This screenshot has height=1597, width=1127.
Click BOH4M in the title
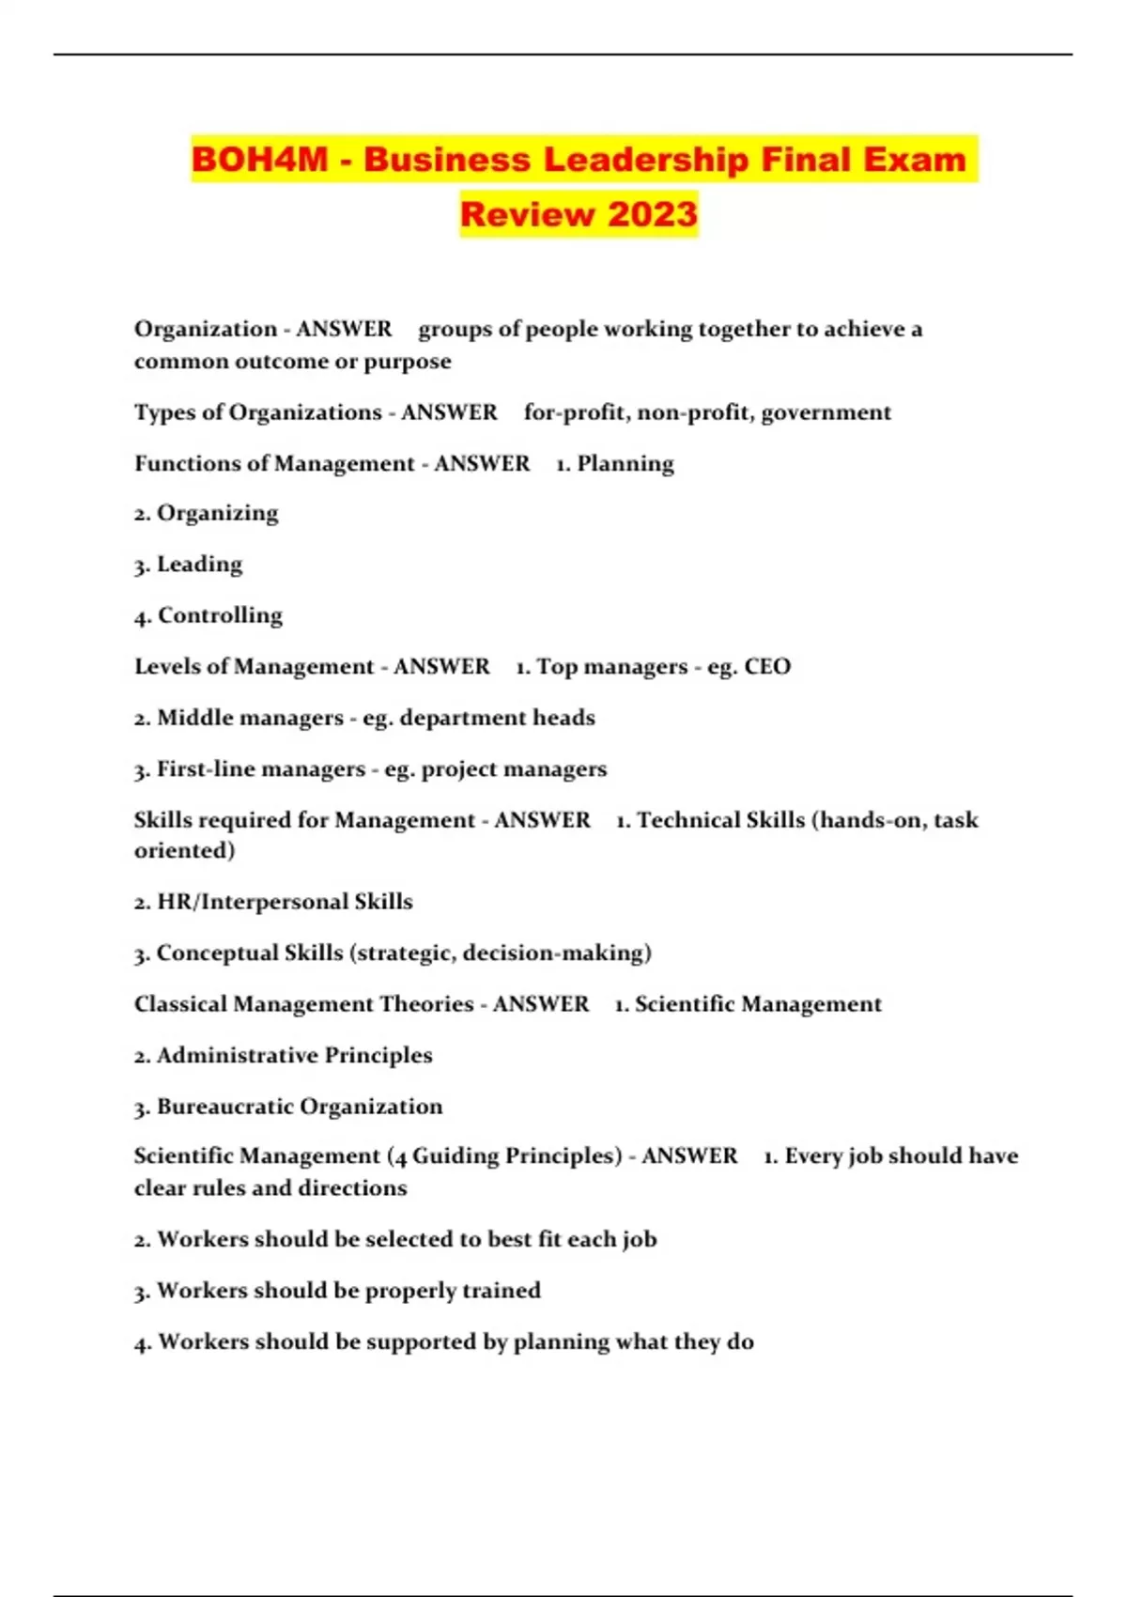[260, 159]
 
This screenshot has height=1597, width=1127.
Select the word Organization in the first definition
[205, 329]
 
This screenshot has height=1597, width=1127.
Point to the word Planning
[625, 464]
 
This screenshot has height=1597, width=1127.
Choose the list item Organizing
[217, 514]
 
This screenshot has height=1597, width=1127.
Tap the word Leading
[199, 565]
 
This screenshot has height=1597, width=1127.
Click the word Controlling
[220, 615]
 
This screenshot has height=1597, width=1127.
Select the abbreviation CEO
[767, 667]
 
